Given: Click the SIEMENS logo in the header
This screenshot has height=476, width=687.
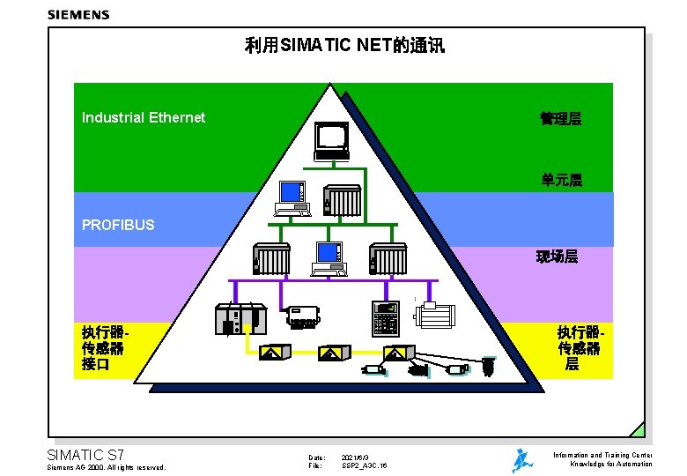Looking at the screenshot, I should (78, 14).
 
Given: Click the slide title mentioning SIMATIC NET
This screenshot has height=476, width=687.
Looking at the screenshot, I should (343, 45).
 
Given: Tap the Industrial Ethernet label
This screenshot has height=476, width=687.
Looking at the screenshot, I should (144, 117).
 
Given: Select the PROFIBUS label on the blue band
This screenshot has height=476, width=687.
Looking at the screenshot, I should (118, 225).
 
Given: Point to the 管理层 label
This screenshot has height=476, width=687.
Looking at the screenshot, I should (561, 118).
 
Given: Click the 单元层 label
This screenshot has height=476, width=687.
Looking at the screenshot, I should (562, 181).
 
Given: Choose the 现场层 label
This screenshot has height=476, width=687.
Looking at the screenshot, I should (558, 257).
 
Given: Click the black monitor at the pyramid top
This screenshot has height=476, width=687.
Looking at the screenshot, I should (333, 138).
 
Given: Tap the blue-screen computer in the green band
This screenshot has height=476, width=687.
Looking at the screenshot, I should (292, 197).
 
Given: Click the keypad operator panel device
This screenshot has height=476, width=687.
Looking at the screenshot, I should (385, 316).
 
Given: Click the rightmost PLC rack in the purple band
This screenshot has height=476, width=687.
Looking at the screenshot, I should (388, 257).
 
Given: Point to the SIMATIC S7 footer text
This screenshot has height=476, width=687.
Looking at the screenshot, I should (85, 455).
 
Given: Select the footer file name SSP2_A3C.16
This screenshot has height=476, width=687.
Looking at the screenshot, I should (365, 465).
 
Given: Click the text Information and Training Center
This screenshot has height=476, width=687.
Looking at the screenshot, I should (602, 455).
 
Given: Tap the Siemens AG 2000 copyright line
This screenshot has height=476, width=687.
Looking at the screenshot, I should (106, 467).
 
